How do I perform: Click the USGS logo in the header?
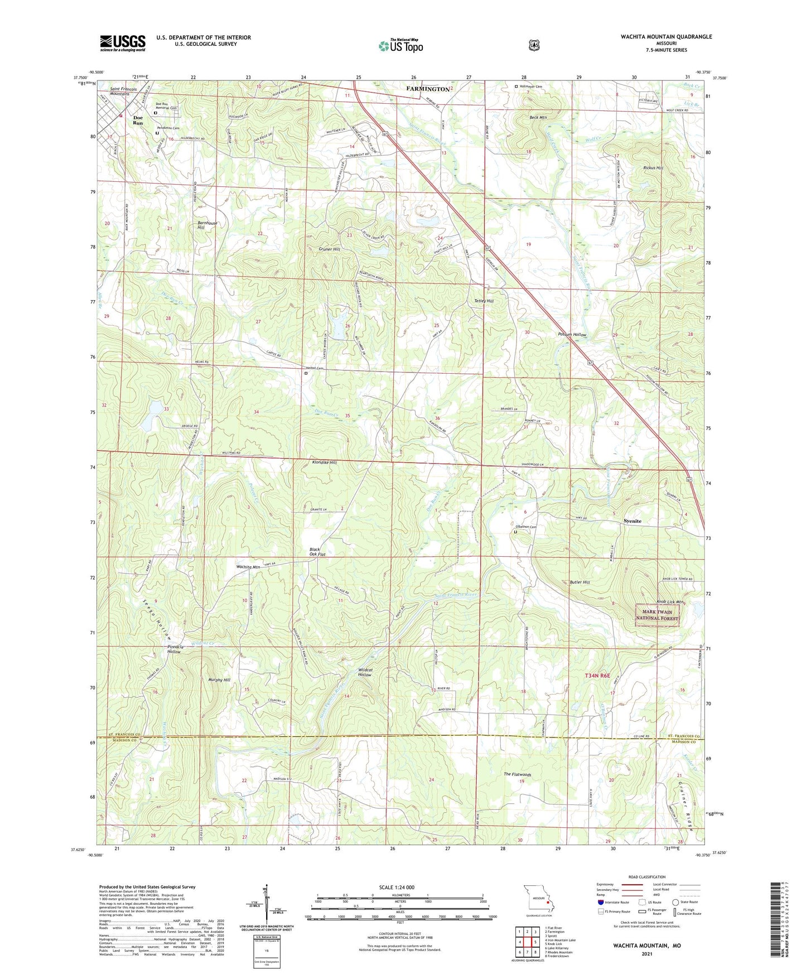(123, 43)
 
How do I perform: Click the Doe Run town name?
(138, 120)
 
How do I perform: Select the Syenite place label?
(632, 521)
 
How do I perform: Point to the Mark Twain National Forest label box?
(658, 615)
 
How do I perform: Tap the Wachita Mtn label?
(248, 567)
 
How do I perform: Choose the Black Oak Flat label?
(317, 552)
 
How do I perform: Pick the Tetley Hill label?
(484, 301)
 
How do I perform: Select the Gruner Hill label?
(329, 249)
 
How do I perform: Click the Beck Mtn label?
(538, 118)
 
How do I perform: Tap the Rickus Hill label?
(637, 168)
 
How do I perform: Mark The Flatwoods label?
(517, 774)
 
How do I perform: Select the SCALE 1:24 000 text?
(397, 888)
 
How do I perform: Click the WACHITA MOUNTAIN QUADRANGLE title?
(666, 37)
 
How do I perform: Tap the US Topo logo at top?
(401, 46)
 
